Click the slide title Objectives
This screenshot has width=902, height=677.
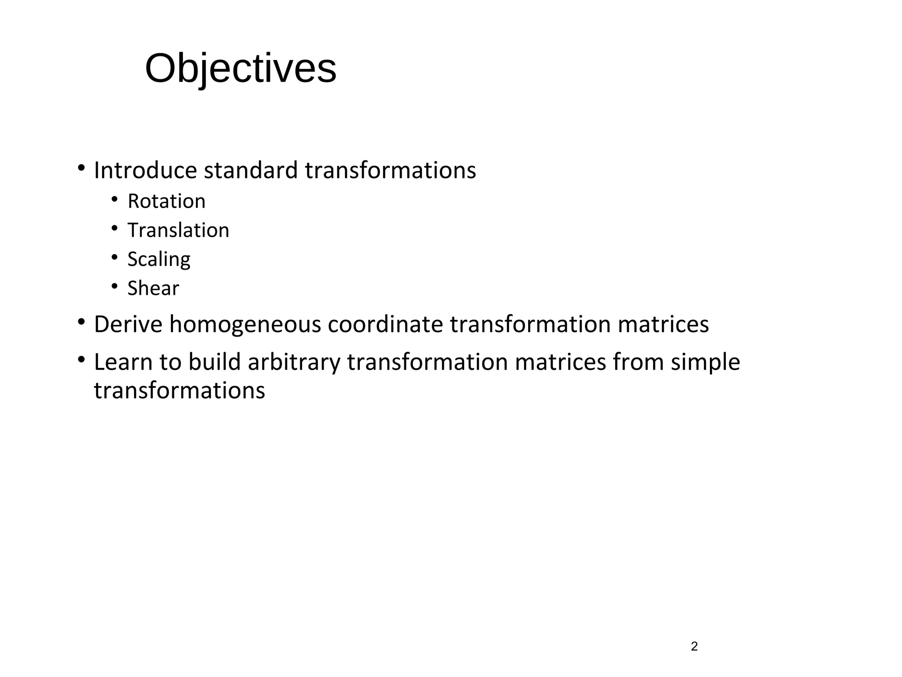240,69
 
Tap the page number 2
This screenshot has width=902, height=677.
694,647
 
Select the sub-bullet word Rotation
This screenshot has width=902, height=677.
166,201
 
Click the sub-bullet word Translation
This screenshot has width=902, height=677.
178,231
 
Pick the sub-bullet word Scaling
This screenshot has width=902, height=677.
159,260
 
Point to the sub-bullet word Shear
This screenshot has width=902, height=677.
153,289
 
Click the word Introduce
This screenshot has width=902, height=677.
145,171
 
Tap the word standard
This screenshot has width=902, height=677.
251,171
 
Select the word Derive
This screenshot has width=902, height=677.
128,324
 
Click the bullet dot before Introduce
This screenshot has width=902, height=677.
81,168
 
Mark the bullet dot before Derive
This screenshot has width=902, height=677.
81,322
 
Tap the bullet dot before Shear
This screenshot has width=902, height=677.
115,286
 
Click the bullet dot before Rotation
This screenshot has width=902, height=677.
115,200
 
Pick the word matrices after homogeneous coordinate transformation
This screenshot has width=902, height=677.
663,324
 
